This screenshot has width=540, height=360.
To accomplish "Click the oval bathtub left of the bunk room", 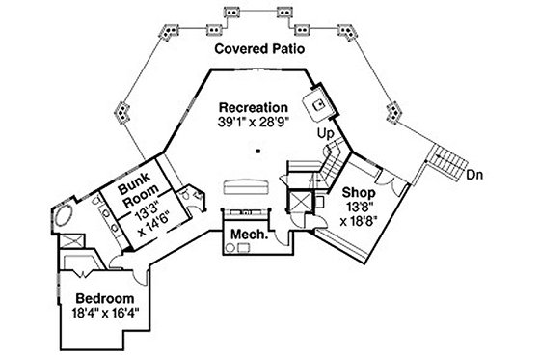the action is pos(67,216).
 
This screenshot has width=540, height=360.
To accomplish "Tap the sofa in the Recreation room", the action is pos(246,185).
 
